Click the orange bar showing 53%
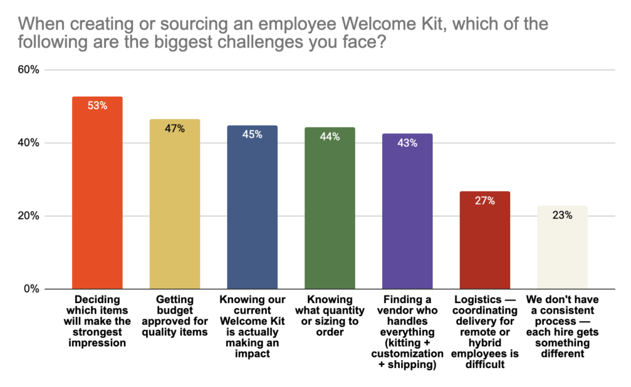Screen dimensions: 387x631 click(x=97, y=197)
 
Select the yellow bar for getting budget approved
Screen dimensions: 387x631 click(x=175, y=210)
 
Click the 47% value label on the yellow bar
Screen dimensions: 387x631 click(x=175, y=129)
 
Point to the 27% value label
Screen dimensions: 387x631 click(x=485, y=201)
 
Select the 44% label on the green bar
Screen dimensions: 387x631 click(x=330, y=137)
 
